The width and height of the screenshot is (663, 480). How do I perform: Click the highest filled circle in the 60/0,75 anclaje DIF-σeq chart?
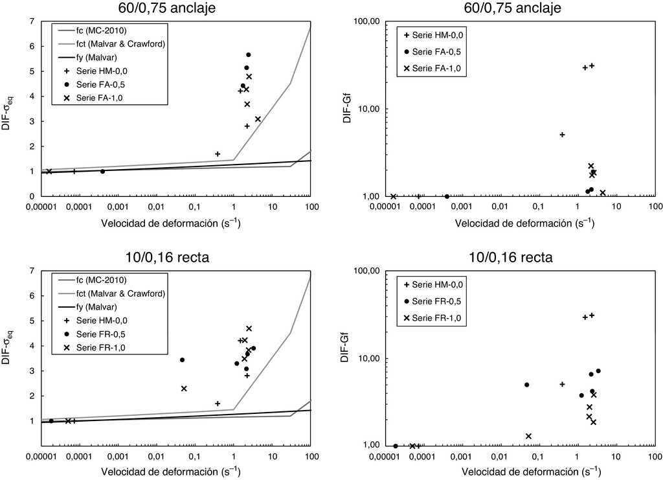tap(248, 55)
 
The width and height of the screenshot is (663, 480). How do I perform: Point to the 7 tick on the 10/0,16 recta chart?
tap(30, 271)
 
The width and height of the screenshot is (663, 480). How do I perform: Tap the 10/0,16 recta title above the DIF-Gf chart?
tap(511, 257)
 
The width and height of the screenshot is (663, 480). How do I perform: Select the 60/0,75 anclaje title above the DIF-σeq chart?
tap(170, 8)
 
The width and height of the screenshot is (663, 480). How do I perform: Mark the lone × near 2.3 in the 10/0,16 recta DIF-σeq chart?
tap(184, 389)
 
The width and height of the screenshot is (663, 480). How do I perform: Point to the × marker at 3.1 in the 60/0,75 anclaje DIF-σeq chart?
tap(258, 119)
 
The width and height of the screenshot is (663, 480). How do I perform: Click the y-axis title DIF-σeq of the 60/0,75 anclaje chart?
tap(8, 109)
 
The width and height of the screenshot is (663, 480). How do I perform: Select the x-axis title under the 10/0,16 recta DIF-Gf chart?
tap(524, 471)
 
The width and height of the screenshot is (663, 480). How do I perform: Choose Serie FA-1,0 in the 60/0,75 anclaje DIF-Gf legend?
tap(438, 68)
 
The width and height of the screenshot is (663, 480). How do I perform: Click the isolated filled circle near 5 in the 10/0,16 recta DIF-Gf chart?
tap(526, 385)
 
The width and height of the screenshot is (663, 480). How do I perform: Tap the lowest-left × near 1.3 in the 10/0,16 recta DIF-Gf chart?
tap(528, 436)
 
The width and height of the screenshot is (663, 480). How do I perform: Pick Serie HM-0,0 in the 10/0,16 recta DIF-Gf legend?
tap(438, 284)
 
